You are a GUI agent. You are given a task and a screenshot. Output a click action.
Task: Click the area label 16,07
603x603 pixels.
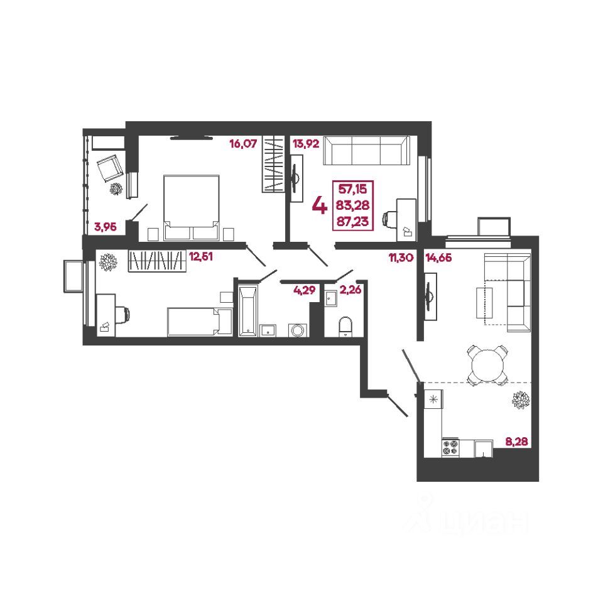(x=243, y=144)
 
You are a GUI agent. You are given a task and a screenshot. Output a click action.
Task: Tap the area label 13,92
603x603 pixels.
(x=306, y=144)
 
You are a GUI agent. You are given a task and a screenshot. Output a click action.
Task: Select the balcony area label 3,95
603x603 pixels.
(x=106, y=227)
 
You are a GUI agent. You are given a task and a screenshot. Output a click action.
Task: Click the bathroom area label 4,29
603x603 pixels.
(x=304, y=290)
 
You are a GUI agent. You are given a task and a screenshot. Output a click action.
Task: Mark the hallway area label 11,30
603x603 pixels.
(x=399, y=256)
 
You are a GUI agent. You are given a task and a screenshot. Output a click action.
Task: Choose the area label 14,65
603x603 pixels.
(x=438, y=256)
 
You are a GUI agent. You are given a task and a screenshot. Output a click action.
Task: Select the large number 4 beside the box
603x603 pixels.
(x=319, y=205)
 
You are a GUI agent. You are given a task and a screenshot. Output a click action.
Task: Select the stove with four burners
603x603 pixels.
(x=450, y=447)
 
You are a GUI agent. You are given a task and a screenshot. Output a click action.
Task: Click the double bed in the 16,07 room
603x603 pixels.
(x=191, y=207)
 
